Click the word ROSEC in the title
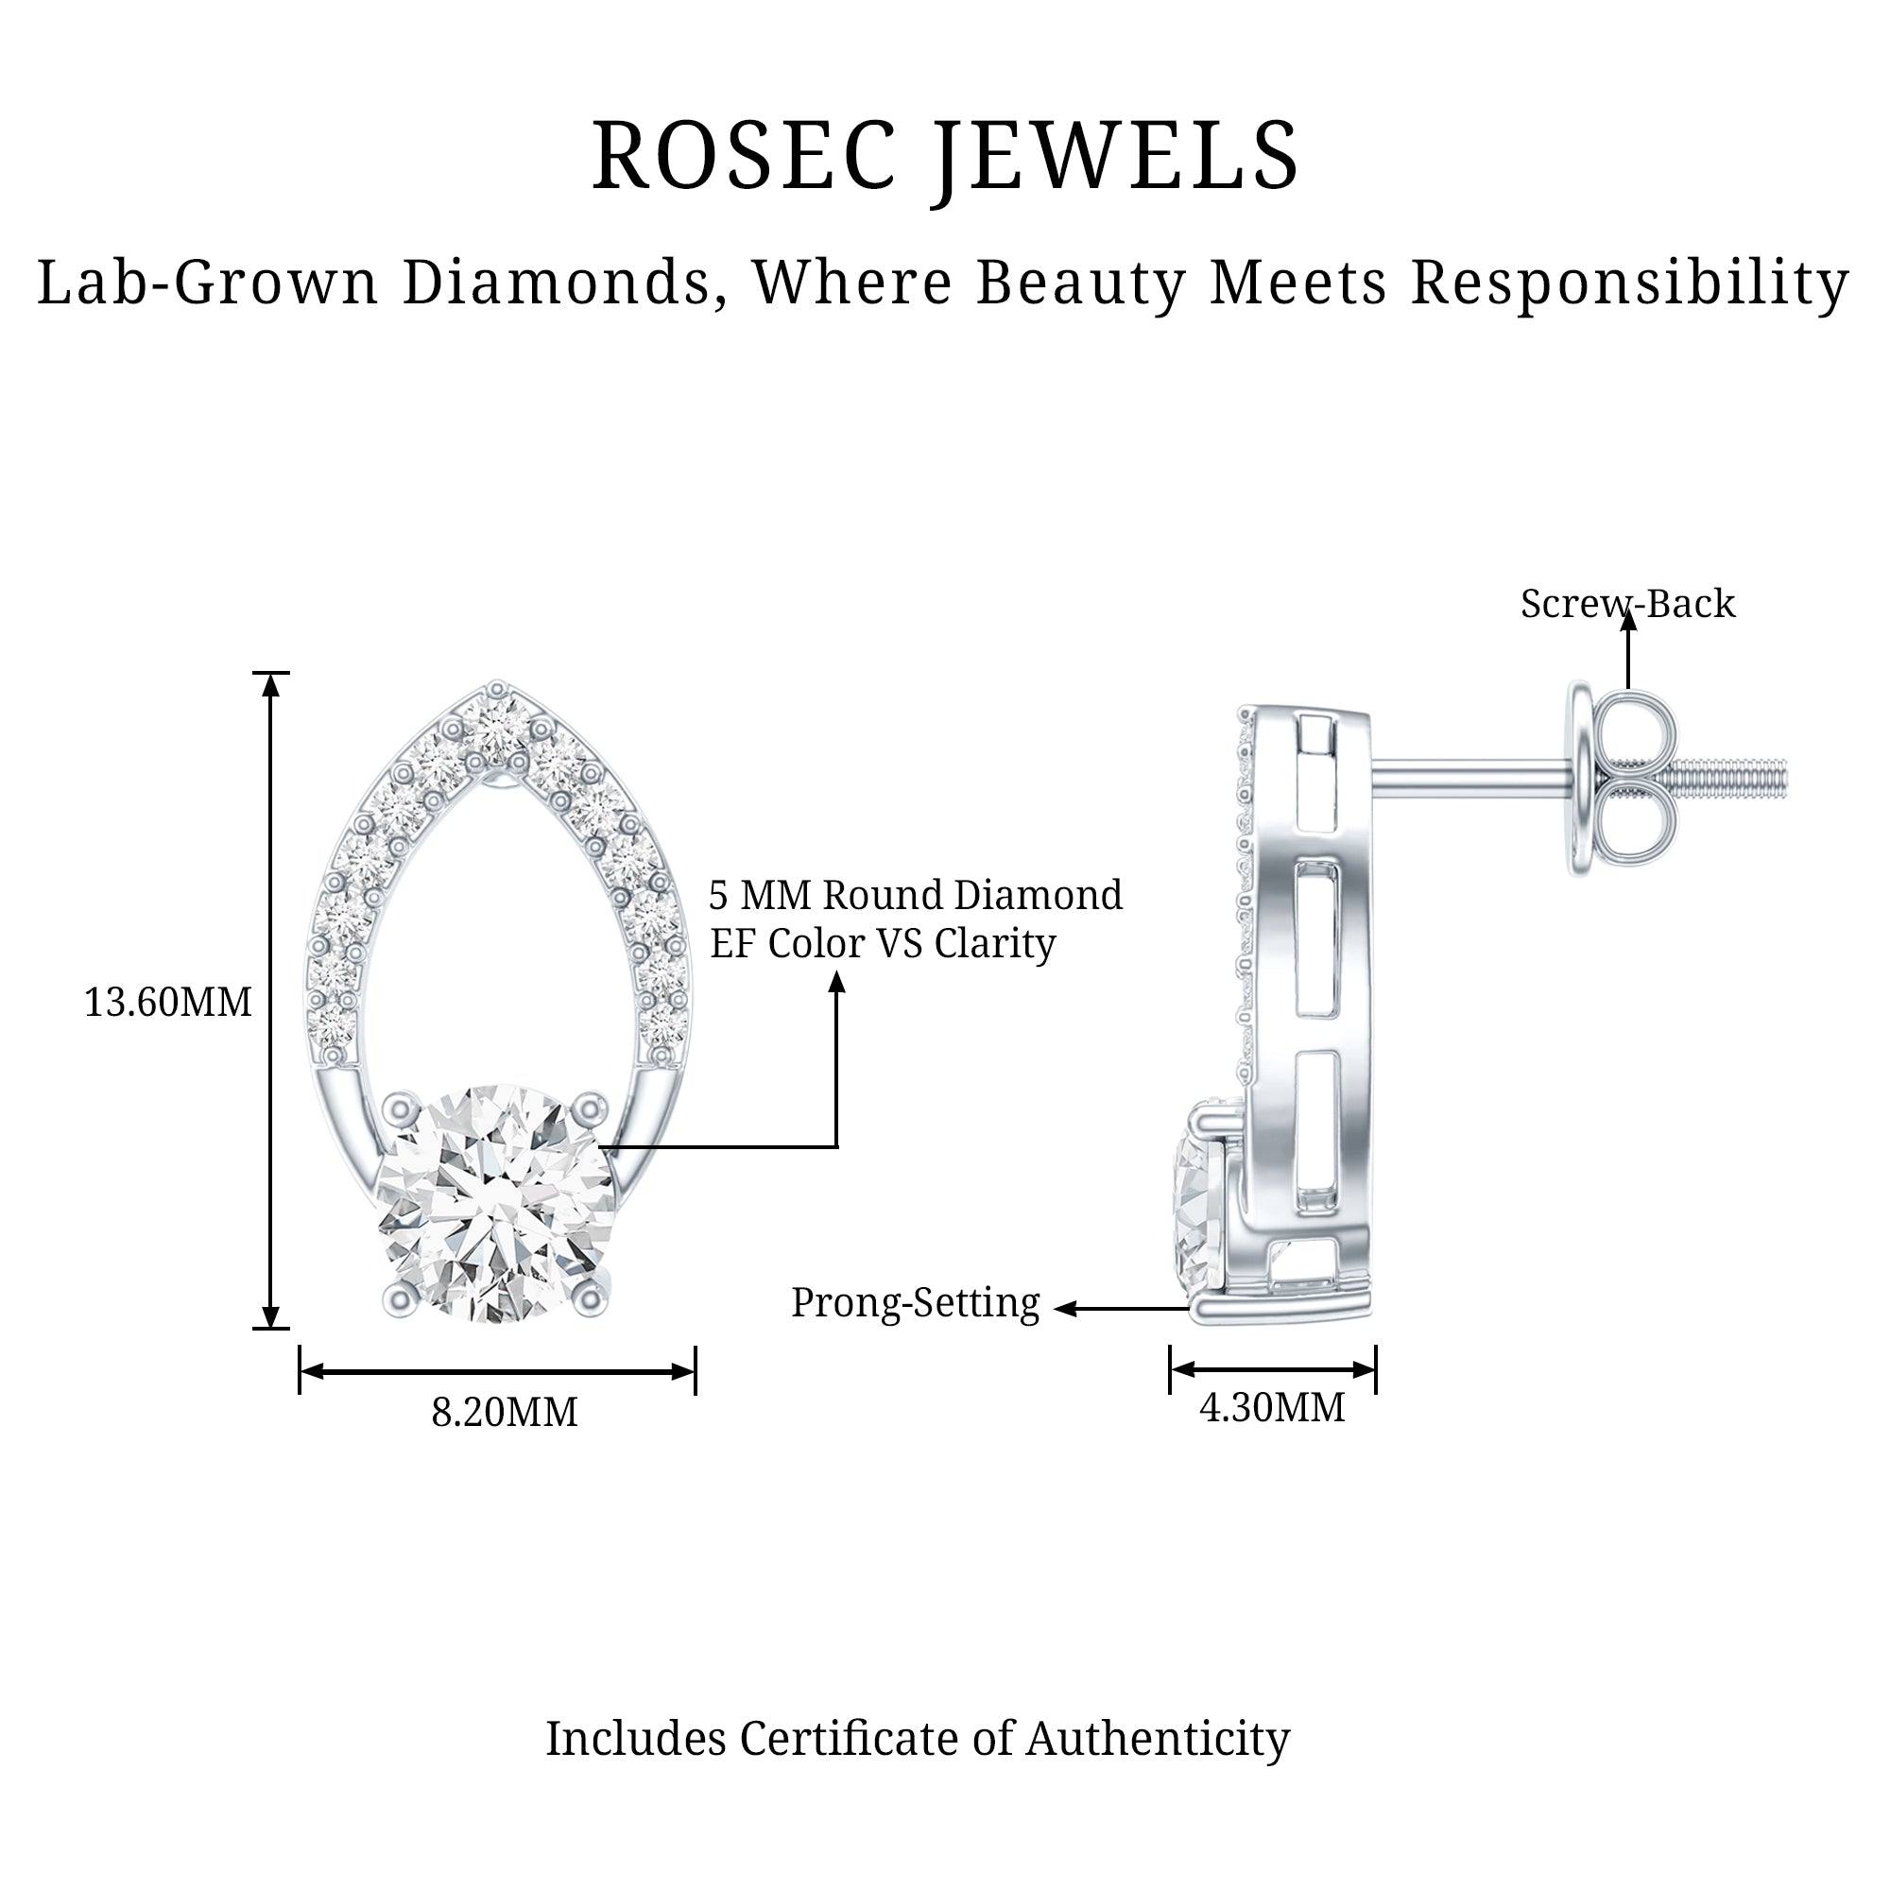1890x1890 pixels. pos(744,157)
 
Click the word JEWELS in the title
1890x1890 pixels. pos(1115,157)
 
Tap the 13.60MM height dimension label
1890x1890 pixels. pos(167,1003)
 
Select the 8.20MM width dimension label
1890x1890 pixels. pos(504,1413)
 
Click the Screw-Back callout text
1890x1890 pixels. pos(1627,605)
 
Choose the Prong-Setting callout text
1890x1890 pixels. pos(915,1303)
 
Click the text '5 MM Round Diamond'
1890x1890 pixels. pos(915,895)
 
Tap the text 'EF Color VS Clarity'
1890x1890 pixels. pos(883,944)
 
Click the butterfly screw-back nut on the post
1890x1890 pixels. pos(1624,781)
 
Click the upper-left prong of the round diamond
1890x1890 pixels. pos(400,1108)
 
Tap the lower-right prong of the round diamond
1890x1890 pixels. pos(590,1298)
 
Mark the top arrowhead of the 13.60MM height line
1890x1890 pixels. pos(271,684)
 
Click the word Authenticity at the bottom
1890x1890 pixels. pos(1158,1766)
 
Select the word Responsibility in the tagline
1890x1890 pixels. pos(1629,283)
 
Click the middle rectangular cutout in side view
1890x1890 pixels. pos(1315,939)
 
